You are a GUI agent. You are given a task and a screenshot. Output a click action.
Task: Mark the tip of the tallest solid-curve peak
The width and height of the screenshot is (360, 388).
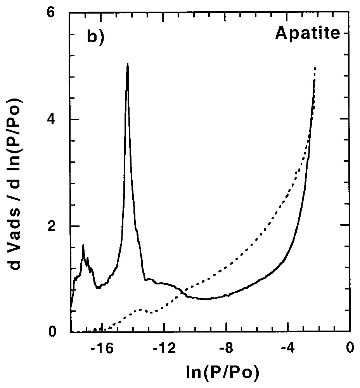click(x=127, y=64)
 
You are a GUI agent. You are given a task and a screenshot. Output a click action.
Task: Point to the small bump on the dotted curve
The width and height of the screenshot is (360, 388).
click(x=142, y=309)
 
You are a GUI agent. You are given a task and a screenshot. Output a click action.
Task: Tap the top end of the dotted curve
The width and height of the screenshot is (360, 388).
click(x=315, y=68)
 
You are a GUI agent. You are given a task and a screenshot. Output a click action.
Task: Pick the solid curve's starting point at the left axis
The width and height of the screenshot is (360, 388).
click(x=71, y=309)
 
